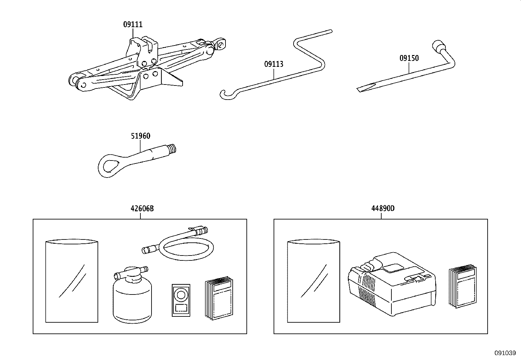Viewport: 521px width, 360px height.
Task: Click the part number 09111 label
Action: [133, 24]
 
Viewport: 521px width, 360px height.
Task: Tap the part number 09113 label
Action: [274, 64]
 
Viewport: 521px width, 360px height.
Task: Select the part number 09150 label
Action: [409, 58]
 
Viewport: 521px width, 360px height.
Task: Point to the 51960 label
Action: [140, 136]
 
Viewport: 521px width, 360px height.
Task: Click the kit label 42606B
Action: [142, 208]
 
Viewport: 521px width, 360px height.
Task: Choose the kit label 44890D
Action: [383, 208]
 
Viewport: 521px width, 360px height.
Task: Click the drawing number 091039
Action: [505, 353]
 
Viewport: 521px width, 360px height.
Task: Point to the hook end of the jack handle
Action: [224, 94]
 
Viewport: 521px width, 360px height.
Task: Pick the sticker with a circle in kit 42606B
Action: [180, 300]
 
